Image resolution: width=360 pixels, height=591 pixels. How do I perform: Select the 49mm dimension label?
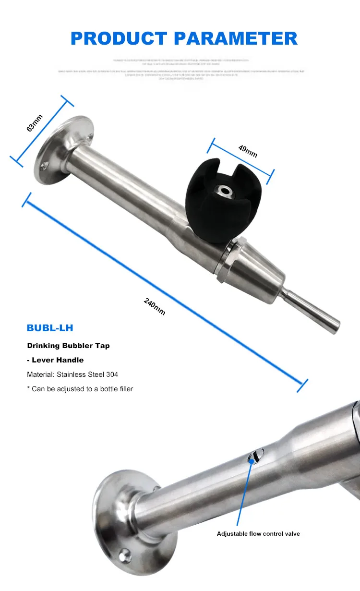248,151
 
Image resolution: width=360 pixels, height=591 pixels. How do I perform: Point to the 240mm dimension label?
155,306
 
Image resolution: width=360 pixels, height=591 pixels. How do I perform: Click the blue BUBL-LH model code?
50,328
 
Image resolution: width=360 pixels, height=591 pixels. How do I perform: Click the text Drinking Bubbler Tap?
68,346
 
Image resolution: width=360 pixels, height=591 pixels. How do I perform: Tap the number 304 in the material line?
112,374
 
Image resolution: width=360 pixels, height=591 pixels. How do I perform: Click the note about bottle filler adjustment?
80,388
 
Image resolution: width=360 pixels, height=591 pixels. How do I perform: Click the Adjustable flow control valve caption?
258,533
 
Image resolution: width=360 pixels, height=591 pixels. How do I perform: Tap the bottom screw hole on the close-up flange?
126,554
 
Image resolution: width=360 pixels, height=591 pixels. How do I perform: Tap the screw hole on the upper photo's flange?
44,166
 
